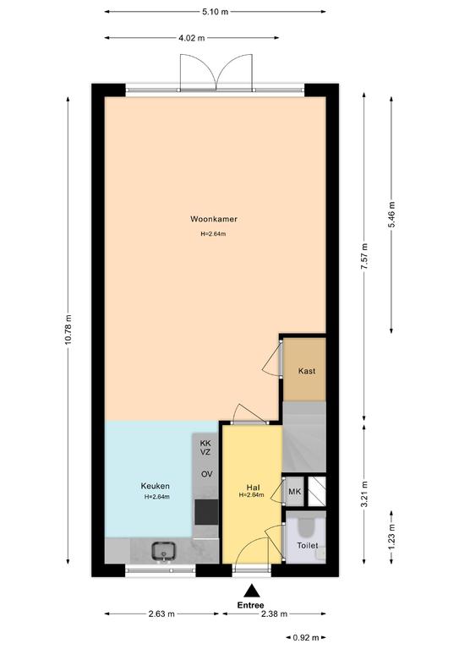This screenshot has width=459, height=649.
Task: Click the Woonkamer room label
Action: point(214,219)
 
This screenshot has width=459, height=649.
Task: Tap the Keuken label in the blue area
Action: point(156,486)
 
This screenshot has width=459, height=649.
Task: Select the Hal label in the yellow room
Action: point(253,487)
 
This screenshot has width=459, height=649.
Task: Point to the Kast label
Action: point(307,371)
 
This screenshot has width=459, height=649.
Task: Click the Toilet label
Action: point(308,546)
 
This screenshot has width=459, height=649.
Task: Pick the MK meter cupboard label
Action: point(295,492)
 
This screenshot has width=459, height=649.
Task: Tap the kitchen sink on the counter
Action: point(163,551)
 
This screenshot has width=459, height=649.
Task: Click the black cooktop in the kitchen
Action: point(206,511)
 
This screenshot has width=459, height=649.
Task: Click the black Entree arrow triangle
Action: point(251,591)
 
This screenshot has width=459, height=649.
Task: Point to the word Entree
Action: point(250,605)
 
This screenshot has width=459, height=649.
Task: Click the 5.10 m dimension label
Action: point(216,12)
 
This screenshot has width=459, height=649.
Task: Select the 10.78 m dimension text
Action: point(68,329)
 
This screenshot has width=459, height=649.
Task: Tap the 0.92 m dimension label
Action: point(306,637)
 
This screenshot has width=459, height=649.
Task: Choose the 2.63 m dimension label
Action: point(161,614)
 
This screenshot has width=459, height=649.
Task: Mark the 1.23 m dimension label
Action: point(391,537)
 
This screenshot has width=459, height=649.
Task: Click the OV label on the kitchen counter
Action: point(206,473)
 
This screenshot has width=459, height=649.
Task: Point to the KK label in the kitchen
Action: point(205,444)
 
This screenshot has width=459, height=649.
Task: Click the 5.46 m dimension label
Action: point(391,215)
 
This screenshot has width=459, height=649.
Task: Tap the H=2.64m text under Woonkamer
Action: point(213,234)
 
